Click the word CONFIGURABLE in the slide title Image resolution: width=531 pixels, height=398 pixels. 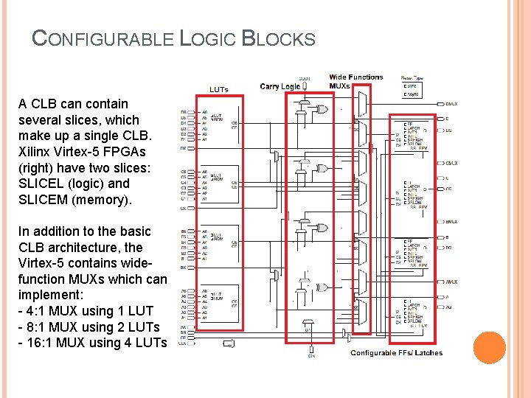tap(103, 38)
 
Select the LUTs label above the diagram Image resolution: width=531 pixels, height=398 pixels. tap(219, 89)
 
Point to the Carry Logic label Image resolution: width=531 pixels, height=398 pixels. tap(280, 86)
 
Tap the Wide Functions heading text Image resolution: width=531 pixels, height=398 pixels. tap(356, 77)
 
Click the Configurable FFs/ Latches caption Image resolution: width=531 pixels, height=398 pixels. tap(397, 353)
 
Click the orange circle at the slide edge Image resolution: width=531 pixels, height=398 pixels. tap(489, 348)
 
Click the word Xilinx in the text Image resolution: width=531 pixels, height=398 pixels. tap(35, 152)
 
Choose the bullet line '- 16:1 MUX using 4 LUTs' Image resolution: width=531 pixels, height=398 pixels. tap(92, 342)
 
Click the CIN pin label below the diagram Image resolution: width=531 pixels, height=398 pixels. tap(312, 356)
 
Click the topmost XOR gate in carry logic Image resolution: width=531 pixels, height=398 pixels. tap(321, 110)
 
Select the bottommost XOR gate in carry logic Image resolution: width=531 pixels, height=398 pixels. tap(321, 287)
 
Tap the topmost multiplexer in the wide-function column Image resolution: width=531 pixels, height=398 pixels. tap(361, 104)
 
